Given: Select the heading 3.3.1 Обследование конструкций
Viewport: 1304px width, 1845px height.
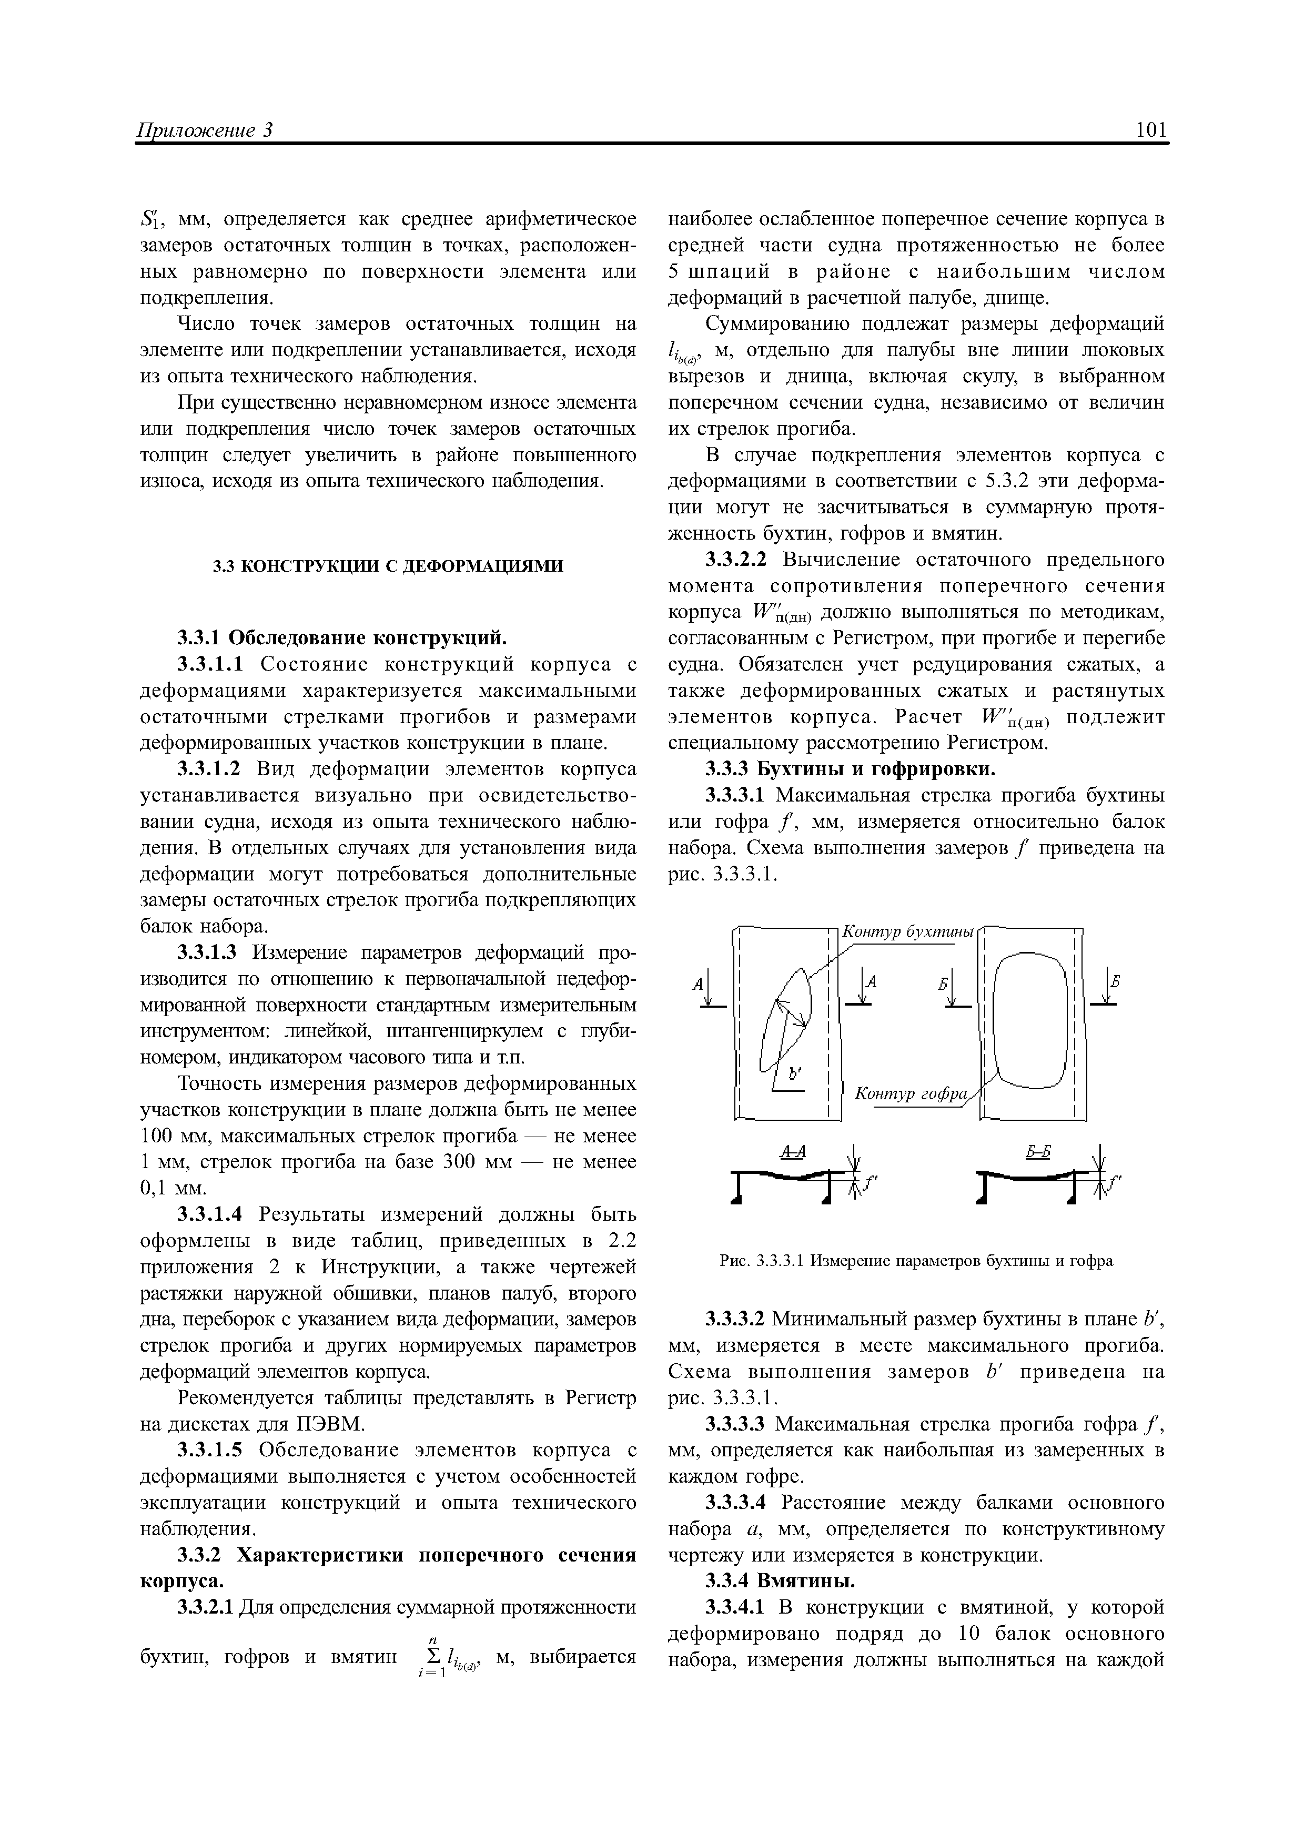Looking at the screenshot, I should coord(342,637).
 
